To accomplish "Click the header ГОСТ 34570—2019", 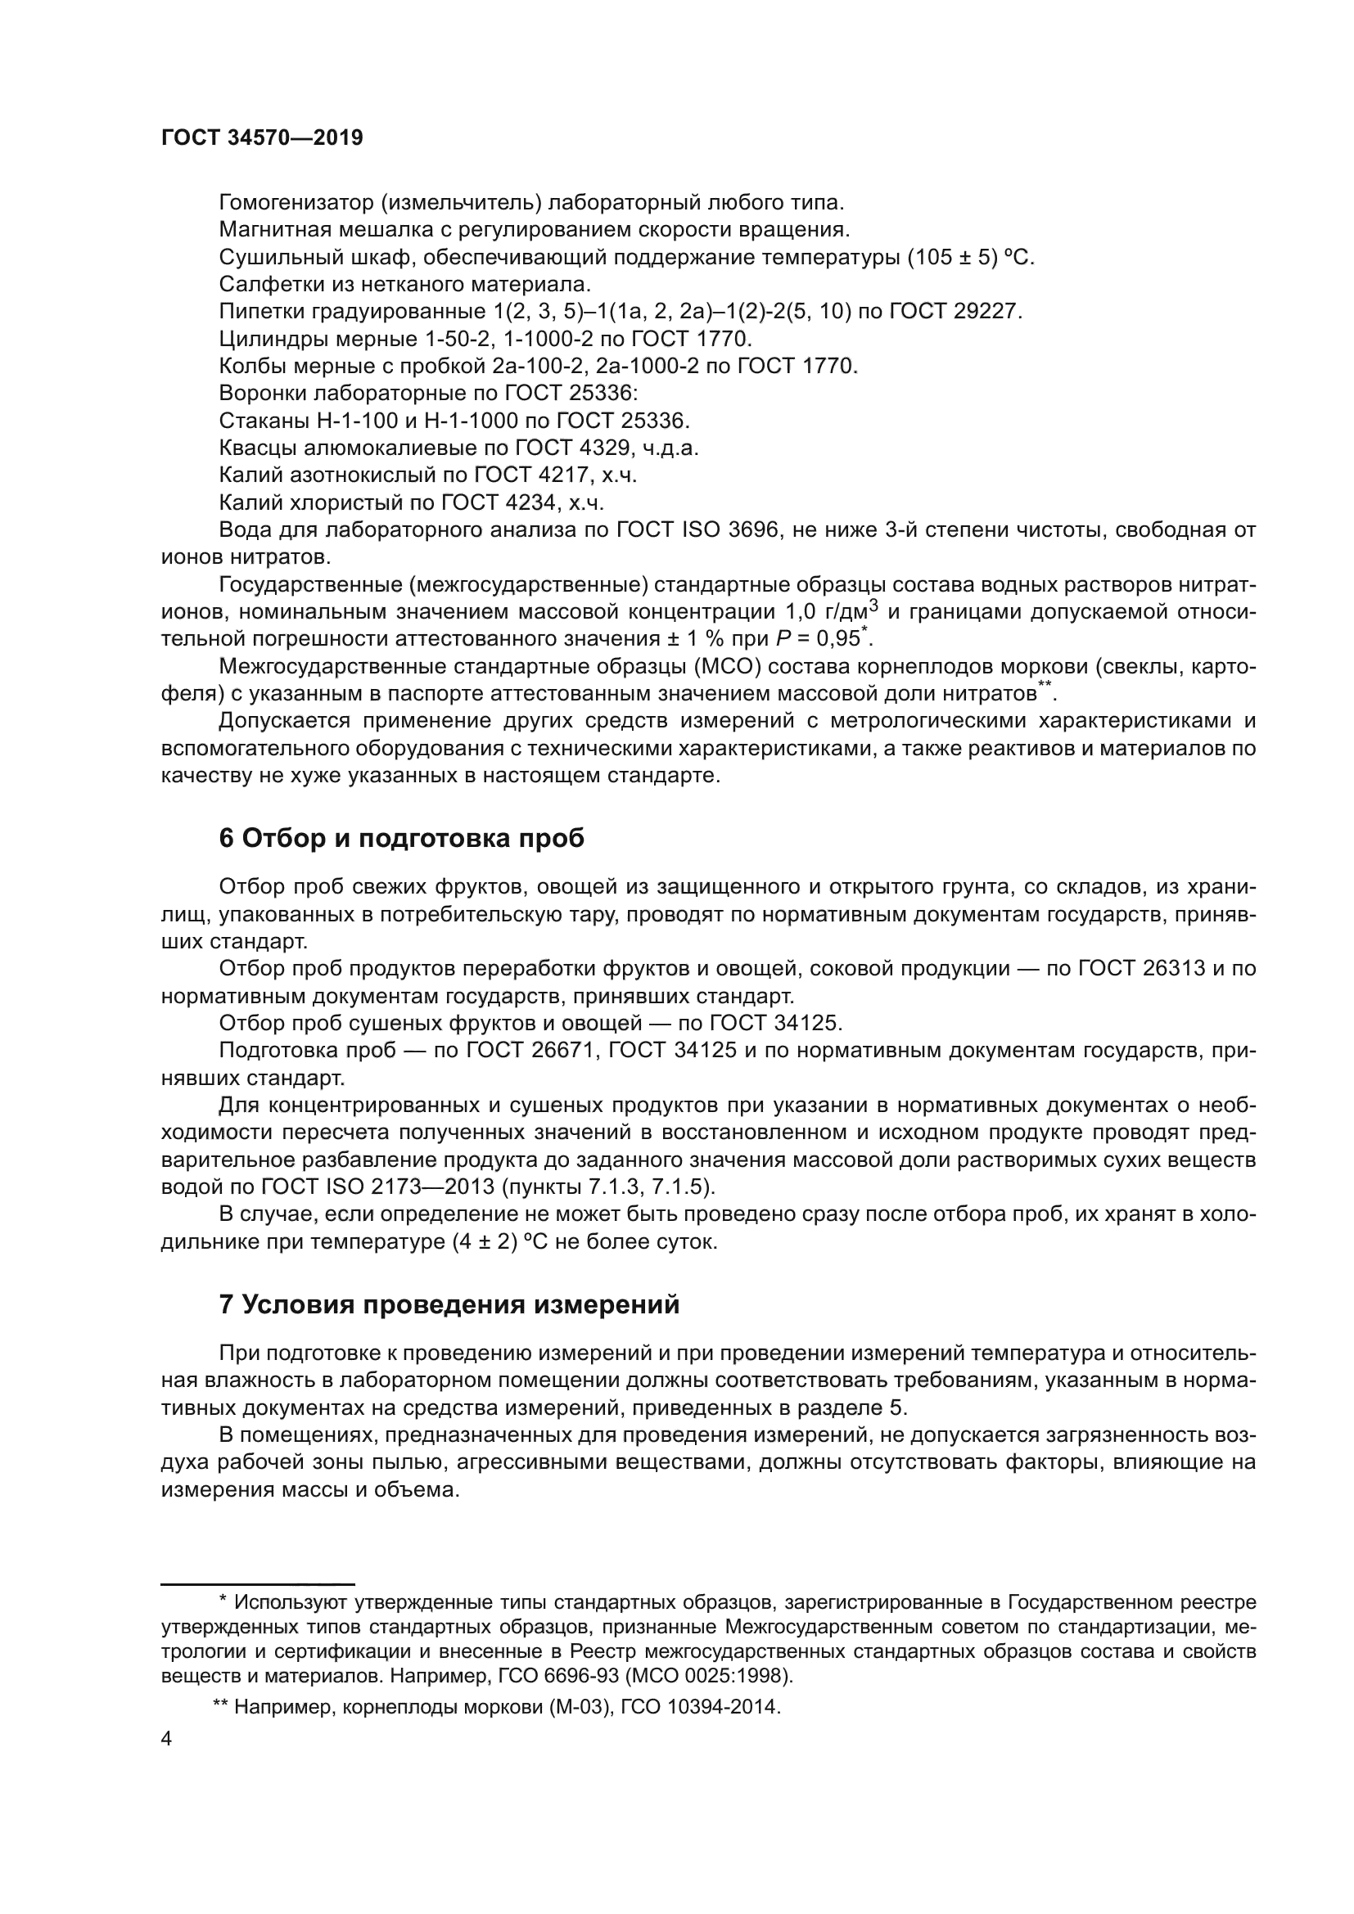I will pos(262,138).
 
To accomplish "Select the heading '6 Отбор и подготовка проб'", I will pos(401,839).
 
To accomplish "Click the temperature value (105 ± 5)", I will pos(953,257).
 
